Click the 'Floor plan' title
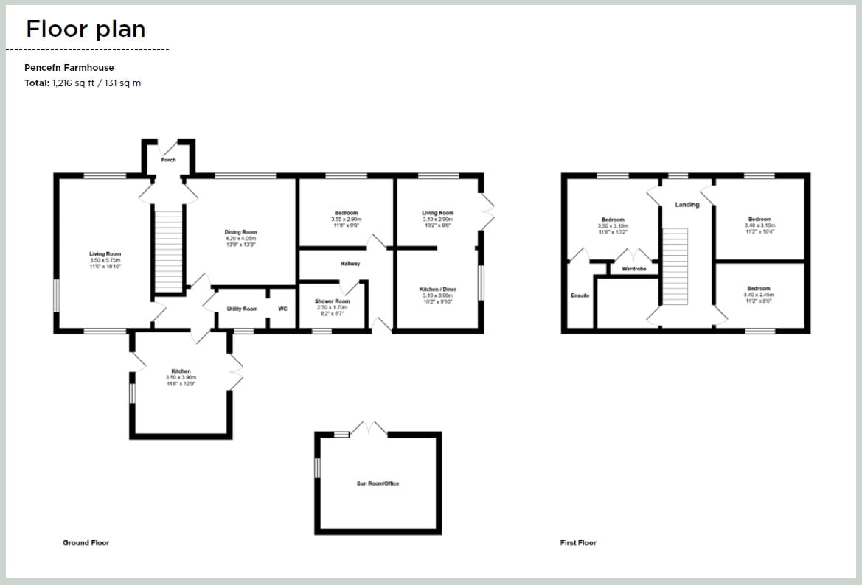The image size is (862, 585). [x=86, y=29]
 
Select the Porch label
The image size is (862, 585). [x=169, y=159]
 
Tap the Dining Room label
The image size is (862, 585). [x=241, y=232]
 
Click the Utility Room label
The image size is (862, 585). [x=242, y=309]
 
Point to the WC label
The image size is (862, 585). [x=282, y=309]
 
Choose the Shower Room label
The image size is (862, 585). [x=333, y=301]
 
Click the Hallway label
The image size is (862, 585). [x=350, y=263]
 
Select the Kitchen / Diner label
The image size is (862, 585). [x=438, y=290]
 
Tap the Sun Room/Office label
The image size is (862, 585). [x=378, y=483]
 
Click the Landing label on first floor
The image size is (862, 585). [x=687, y=205]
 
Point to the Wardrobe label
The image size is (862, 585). [x=633, y=269]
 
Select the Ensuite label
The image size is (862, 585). [x=580, y=295]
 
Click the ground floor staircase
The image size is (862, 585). [x=169, y=251]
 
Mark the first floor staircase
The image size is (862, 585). [x=675, y=265]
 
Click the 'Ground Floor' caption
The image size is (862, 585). [x=86, y=543]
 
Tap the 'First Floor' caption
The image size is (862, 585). [x=578, y=543]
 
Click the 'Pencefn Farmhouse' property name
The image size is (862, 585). [x=69, y=67]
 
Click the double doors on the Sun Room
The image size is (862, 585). [x=368, y=429]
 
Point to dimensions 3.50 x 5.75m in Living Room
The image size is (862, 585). [x=105, y=260]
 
